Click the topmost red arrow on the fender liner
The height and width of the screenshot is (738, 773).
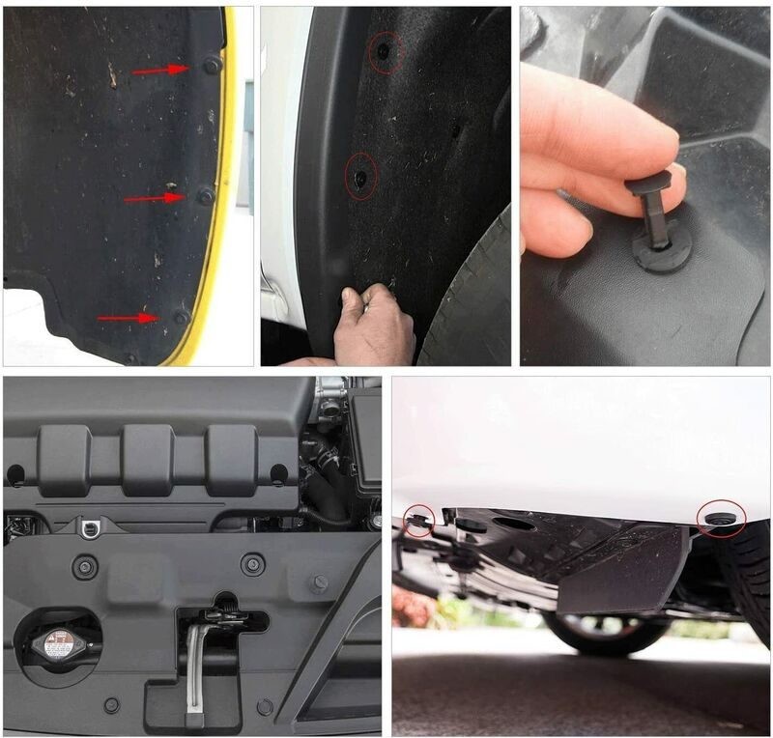tap(160, 70)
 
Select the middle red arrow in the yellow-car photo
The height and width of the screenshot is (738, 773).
tap(154, 198)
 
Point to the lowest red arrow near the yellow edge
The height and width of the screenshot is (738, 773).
tap(128, 317)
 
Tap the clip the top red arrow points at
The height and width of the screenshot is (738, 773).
tap(211, 66)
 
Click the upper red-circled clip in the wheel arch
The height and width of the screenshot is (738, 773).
tap(386, 49)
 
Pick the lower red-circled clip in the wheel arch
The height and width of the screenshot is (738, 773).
tap(360, 178)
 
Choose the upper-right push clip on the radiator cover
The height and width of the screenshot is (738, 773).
tap(253, 565)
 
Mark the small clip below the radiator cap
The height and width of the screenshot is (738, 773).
tap(112, 705)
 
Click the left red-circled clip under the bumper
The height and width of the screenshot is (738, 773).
tap(419, 522)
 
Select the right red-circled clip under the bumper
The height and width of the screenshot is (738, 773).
tap(722, 519)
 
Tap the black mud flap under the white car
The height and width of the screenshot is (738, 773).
tap(623, 570)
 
